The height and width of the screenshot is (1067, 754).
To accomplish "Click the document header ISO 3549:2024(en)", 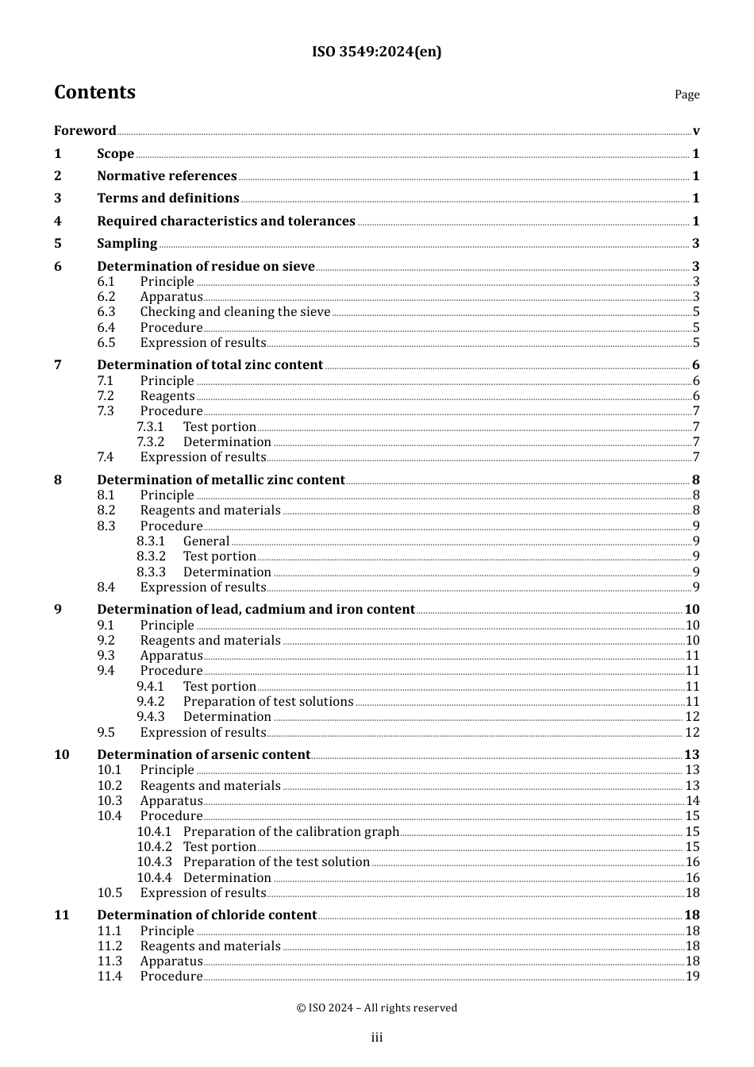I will [376, 52].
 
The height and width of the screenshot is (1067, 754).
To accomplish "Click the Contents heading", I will [94, 92].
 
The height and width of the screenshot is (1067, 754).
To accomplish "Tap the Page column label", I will [687, 94].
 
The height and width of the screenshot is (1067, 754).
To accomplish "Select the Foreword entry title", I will [85, 131].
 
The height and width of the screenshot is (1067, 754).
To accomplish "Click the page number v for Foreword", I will [696, 131].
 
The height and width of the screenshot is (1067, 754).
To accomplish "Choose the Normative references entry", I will [167, 176].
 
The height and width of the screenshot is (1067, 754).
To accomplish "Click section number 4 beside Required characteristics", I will [58, 221].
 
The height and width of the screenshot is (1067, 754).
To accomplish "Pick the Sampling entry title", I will [127, 244].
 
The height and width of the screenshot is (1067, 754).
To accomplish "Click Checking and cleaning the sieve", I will [235, 312].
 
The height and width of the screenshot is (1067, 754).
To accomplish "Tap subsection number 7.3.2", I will [150, 442].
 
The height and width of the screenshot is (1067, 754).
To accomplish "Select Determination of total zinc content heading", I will [210, 365].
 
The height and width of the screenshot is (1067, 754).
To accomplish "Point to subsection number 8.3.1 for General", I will [151, 541].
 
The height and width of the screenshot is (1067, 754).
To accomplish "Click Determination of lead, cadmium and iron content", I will [256, 610].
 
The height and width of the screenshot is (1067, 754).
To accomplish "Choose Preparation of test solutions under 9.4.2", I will [268, 702].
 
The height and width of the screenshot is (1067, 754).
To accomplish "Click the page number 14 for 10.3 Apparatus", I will [692, 801].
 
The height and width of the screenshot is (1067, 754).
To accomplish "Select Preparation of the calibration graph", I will [291, 832].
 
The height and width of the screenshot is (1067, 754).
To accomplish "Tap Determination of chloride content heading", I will [206, 915].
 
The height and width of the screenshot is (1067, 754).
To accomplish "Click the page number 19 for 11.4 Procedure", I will [692, 976].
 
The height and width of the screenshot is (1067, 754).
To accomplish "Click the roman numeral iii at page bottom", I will [377, 1038].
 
